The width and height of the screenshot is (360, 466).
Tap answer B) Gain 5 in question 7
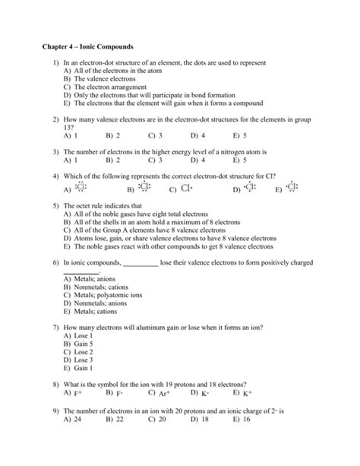(79, 343)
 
